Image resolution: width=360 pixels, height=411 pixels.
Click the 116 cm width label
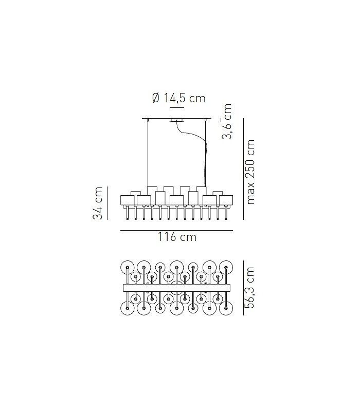tap(176, 237)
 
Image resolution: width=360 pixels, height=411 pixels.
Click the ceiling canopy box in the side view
tap(176, 120)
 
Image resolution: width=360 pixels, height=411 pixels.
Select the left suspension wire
tap(148, 154)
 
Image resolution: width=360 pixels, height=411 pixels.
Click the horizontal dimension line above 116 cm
tap(176, 231)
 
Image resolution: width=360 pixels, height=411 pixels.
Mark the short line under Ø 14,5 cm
tap(176, 108)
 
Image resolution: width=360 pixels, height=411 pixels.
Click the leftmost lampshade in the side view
tap(127, 200)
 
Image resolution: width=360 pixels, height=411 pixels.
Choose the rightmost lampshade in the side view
tap(226, 200)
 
